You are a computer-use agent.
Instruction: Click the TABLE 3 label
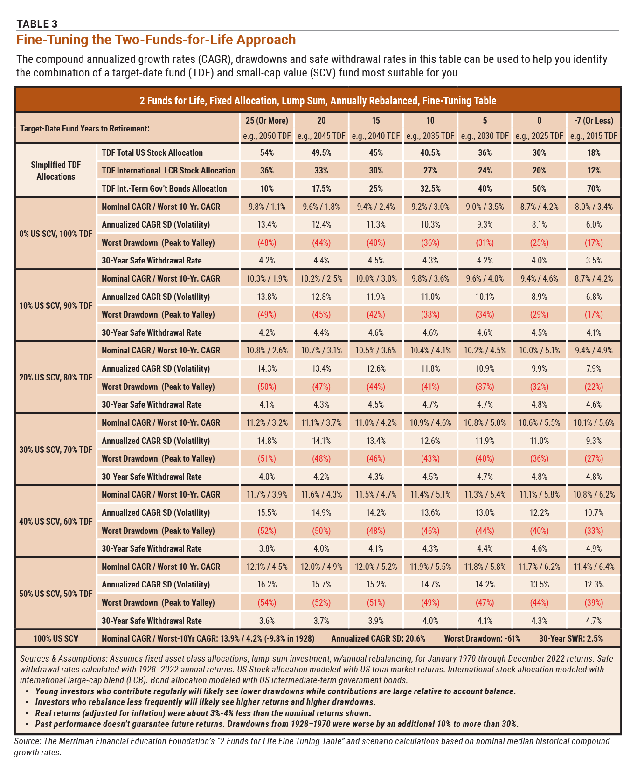(37, 24)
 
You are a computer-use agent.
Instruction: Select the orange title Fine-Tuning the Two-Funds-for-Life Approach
(156, 40)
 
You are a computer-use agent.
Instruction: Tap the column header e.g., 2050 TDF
(267, 136)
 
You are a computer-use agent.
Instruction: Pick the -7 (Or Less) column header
(594, 120)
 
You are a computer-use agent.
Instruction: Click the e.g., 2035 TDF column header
(430, 136)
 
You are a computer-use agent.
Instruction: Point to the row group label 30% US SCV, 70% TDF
(56, 449)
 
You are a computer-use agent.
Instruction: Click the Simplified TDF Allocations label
(56, 171)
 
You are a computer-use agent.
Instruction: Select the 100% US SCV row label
(56, 638)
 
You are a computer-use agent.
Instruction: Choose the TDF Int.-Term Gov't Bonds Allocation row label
(164, 188)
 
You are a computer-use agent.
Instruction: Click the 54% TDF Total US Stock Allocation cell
(267, 152)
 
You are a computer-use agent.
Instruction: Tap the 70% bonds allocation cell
(594, 188)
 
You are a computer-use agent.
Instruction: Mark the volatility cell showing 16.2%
(267, 584)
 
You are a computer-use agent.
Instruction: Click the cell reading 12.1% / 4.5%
(267, 567)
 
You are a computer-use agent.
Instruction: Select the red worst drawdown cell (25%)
(539, 242)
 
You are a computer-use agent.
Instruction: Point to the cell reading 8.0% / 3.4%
(594, 207)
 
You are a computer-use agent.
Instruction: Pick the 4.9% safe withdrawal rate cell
(594, 548)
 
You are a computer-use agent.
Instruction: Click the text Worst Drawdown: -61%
(482, 638)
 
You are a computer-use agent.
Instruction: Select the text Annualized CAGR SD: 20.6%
(378, 638)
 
